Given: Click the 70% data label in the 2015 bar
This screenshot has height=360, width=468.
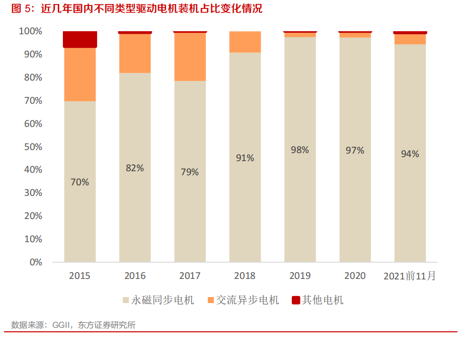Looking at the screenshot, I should pos(80,182).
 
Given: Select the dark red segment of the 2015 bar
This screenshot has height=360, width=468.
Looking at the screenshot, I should pos(80,39).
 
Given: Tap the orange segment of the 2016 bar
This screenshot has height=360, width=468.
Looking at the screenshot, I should pos(135,53).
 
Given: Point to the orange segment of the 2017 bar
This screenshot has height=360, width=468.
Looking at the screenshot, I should pos(190,56).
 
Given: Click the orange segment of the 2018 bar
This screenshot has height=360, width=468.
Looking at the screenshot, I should pos(245,42).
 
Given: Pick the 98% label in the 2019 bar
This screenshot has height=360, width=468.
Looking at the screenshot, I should pos(300,150).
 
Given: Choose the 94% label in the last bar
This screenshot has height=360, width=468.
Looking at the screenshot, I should pos(410,154).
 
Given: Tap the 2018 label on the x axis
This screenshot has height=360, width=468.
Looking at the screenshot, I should pos(245,276).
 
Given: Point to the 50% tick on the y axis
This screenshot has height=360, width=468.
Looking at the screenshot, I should pos(33,147).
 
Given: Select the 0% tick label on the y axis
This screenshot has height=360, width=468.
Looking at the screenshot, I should pos(35,262).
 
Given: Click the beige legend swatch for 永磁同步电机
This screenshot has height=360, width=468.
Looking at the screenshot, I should pos(126,301).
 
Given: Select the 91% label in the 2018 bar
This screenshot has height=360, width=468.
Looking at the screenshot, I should pos(245,158).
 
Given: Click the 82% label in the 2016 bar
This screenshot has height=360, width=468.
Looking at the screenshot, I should pos(135,168).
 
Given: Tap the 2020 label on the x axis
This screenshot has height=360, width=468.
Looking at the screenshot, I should pos(355,276).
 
